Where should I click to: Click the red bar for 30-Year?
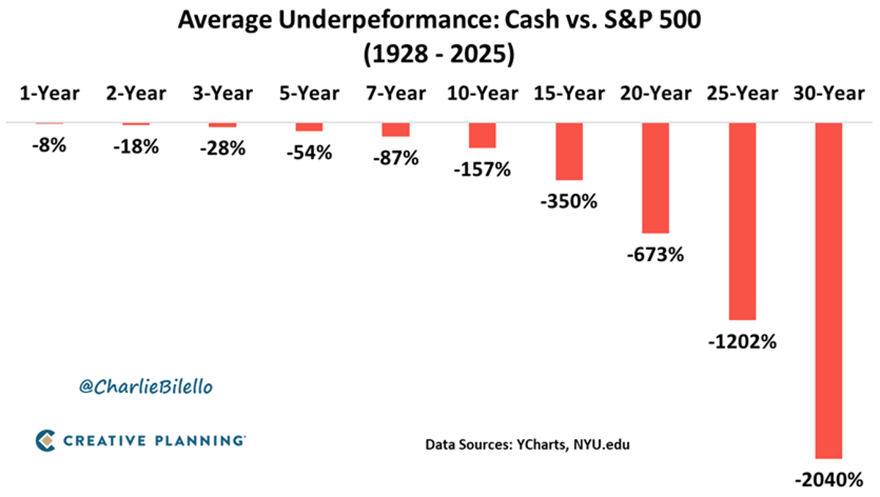click(x=829, y=290)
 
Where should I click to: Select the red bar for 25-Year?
click(x=741, y=221)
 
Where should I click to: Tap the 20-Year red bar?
click(x=656, y=178)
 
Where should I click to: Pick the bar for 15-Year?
click(x=569, y=152)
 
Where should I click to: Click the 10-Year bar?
click(x=483, y=136)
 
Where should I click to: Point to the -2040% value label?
click(x=829, y=481)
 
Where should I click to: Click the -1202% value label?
click(x=741, y=342)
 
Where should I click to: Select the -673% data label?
click(x=656, y=255)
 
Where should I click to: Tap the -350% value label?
click(x=569, y=201)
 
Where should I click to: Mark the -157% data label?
click(x=483, y=169)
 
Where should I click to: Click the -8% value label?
click(x=49, y=145)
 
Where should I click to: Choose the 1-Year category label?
click(x=49, y=94)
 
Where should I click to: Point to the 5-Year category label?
click(x=309, y=94)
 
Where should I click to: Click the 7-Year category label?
click(x=395, y=94)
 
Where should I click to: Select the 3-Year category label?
click(x=222, y=94)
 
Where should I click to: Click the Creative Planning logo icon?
click(x=45, y=440)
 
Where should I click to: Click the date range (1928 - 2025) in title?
click(x=440, y=55)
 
